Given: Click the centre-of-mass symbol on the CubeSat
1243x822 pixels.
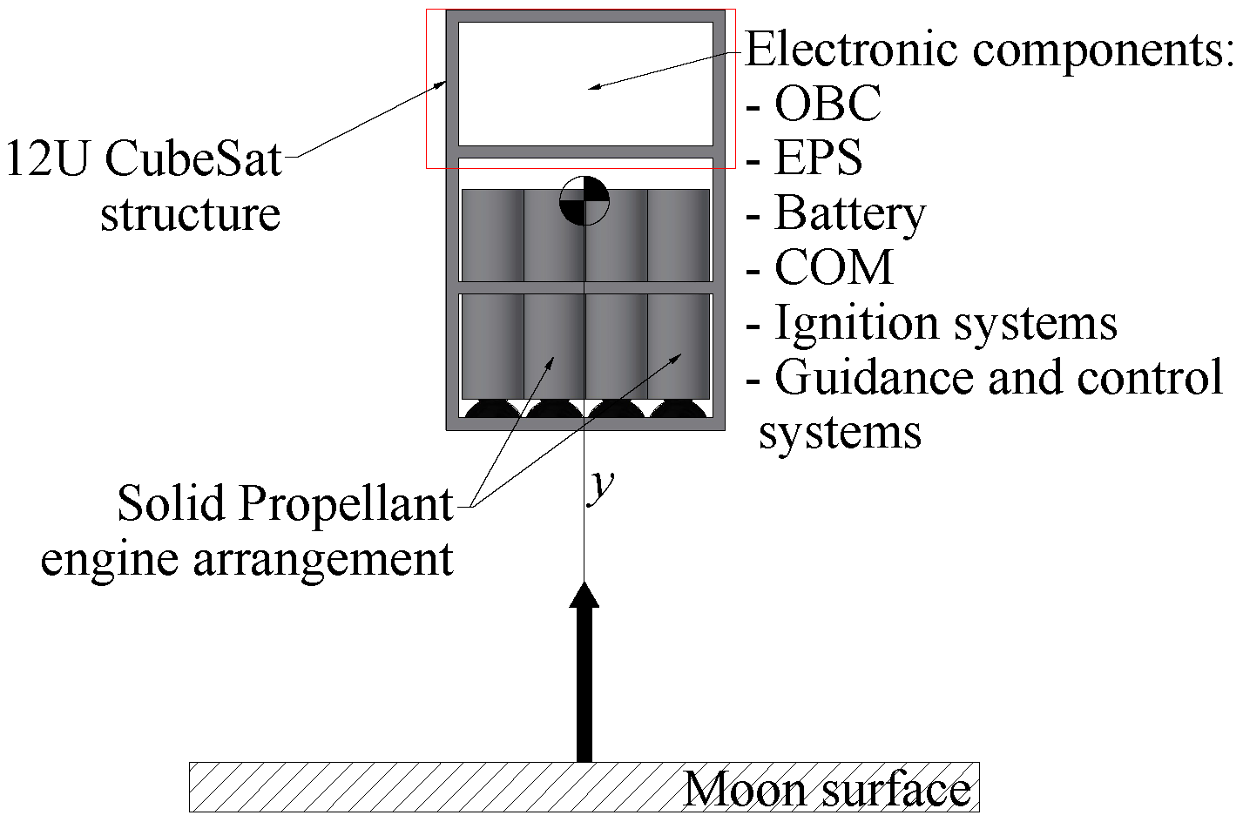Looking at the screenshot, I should pos(584,200).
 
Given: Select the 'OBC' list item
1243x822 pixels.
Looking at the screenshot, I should pos(828,104).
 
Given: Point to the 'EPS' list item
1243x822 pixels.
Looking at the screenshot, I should pos(818,158).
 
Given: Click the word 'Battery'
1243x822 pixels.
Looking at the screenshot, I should pos(849,212).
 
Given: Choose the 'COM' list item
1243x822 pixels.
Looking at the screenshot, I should pos(834,267).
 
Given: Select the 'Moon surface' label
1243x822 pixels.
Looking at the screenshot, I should pos(827,790).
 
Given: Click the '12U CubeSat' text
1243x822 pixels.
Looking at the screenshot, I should pos(144,159).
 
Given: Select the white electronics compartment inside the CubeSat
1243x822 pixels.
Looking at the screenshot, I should pos(585,84).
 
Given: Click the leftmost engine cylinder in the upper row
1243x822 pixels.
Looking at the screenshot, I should pos(492,235).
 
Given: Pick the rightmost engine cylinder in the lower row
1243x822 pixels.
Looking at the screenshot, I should pos(679,346).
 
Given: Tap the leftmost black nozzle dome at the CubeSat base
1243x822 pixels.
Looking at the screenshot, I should pos(491,409).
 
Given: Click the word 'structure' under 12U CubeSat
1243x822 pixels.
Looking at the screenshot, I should pos(191,213).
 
